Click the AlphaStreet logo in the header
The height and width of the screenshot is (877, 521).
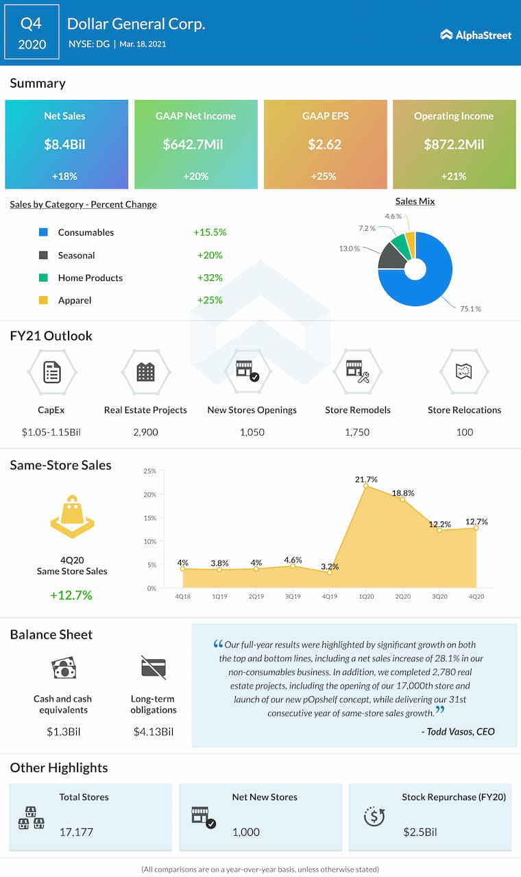(x=476, y=34)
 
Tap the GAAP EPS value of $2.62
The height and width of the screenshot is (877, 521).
(x=325, y=145)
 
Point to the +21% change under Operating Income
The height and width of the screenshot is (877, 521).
(x=454, y=176)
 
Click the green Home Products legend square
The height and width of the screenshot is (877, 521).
(x=43, y=277)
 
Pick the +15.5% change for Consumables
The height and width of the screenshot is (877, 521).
(x=210, y=232)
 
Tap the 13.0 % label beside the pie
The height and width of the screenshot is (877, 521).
(x=349, y=248)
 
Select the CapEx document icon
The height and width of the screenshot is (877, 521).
(x=51, y=372)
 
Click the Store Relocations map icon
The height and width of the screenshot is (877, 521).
(x=464, y=372)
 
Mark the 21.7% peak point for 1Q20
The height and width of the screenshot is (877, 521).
(x=366, y=486)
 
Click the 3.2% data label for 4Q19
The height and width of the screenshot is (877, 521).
(x=330, y=567)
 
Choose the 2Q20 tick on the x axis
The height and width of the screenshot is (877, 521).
(x=402, y=597)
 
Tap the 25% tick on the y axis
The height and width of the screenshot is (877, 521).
(x=149, y=471)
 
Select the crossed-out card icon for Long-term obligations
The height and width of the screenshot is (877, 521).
(x=154, y=668)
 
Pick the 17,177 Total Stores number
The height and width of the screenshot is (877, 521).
(x=75, y=832)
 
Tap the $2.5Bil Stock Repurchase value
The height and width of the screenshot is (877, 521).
(x=420, y=832)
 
